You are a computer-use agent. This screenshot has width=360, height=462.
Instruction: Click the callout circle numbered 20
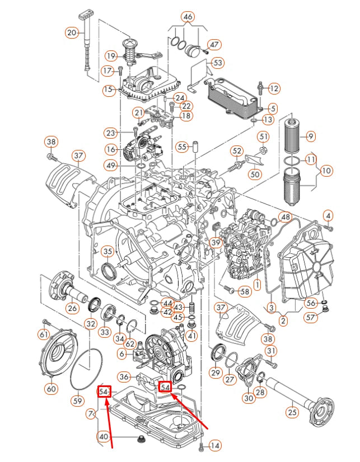[x=72, y=32]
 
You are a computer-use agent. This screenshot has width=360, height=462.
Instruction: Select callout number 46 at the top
[x=188, y=17]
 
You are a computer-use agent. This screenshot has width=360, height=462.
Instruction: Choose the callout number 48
[x=286, y=216]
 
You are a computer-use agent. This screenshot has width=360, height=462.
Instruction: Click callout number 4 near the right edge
[x=328, y=215]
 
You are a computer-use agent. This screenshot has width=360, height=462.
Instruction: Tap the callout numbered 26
[x=72, y=308]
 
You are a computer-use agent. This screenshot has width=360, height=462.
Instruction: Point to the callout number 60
[x=51, y=388]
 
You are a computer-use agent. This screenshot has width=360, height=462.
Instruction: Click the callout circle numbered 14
[x=215, y=445]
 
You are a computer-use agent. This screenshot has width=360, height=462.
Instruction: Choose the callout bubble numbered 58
[x=245, y=291]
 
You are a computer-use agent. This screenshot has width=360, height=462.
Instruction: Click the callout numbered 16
[x=110, y=149]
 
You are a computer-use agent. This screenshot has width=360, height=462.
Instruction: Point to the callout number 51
[x=263, y=136]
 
